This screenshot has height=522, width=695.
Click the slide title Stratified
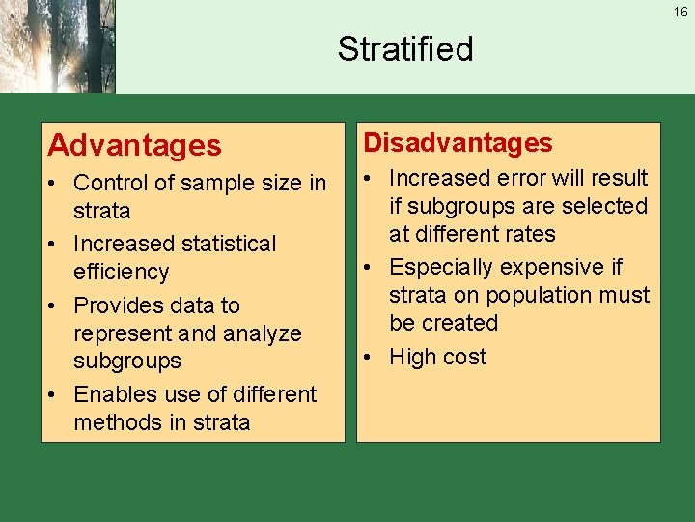tap(405, 48)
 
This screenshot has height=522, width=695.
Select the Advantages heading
tap(134, 146)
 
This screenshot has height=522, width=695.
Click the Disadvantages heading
tap(458, 143)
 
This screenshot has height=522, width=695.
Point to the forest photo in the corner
tap(57, 46)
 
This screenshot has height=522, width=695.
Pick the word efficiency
tap(121, 272)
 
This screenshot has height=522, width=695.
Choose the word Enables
tap(113, 394)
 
